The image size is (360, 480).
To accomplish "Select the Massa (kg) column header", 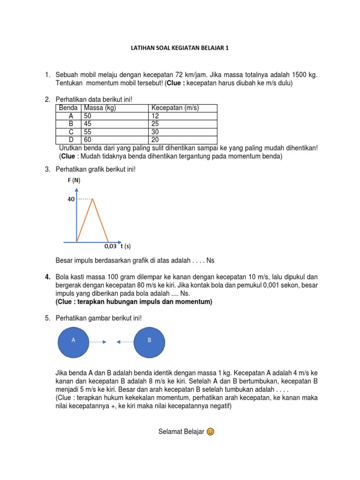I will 99,108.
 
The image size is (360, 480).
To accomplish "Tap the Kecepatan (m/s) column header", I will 175,108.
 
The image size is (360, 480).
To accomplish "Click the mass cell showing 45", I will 88,124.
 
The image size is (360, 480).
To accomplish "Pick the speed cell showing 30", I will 156,132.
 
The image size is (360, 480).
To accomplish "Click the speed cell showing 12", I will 156,116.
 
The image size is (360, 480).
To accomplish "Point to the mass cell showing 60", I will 88,140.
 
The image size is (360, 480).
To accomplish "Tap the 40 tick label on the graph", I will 71,199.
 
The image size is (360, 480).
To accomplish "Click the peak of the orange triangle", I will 93,199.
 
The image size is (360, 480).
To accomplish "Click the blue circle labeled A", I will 73,342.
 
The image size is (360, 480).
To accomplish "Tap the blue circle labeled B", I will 150,342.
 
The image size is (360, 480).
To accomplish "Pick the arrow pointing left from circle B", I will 125,342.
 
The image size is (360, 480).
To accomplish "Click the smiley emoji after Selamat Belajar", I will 210,432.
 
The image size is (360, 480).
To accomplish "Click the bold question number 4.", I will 47,277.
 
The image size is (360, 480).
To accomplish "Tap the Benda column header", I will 68,108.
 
